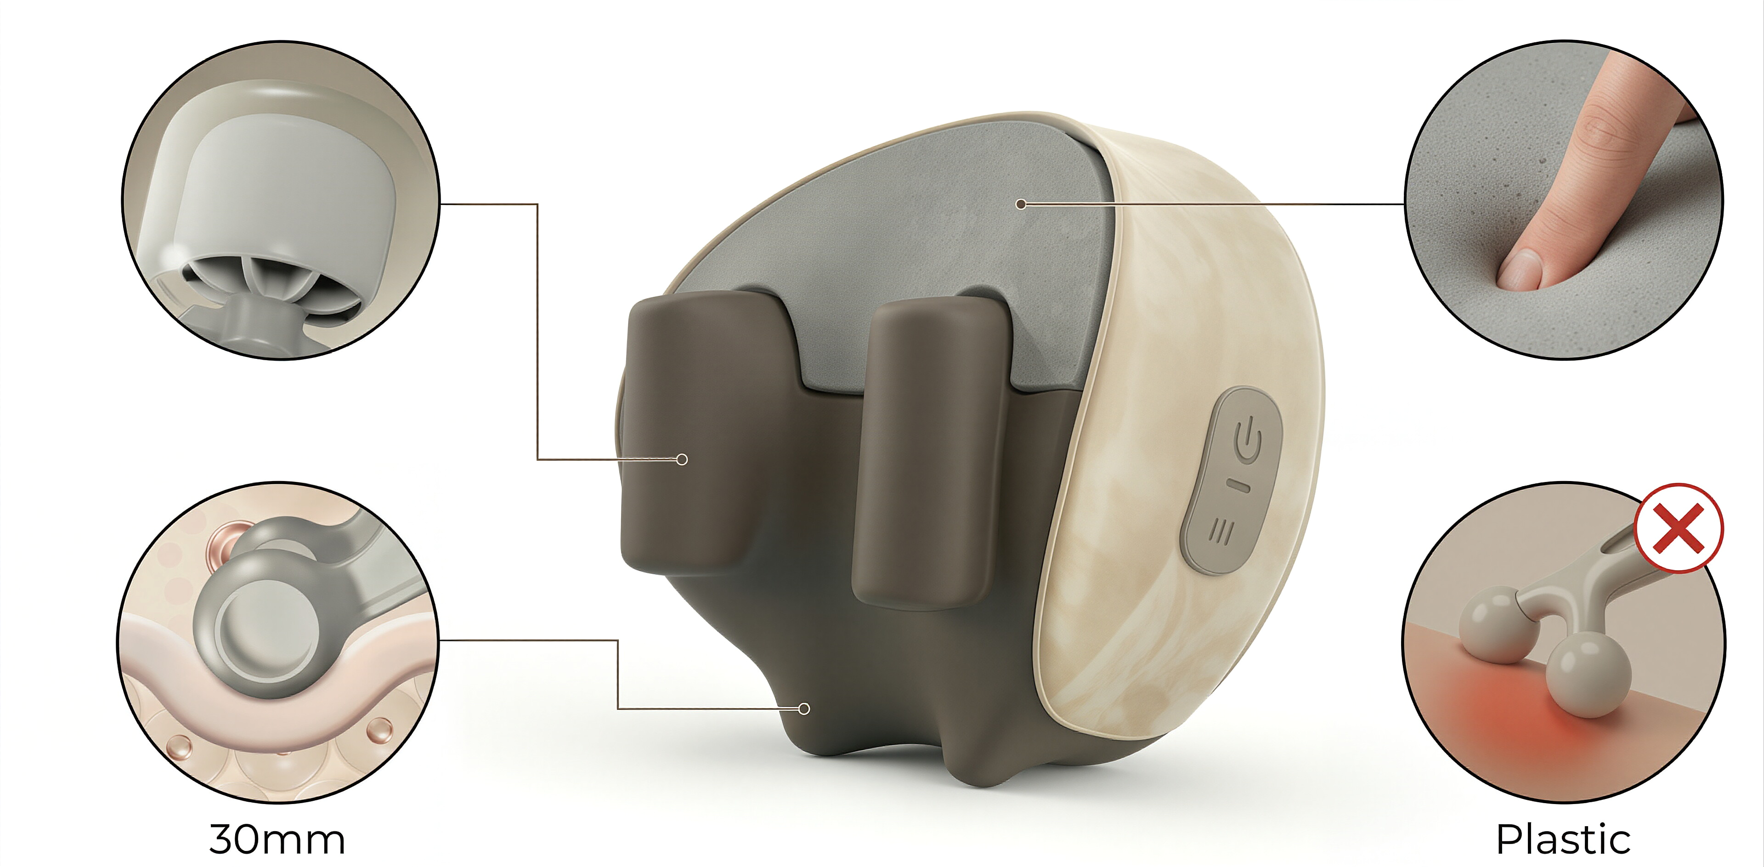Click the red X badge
pyautogui.click(x=1679, y=528)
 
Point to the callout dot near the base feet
pyautogui.click(x=805, y=709)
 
